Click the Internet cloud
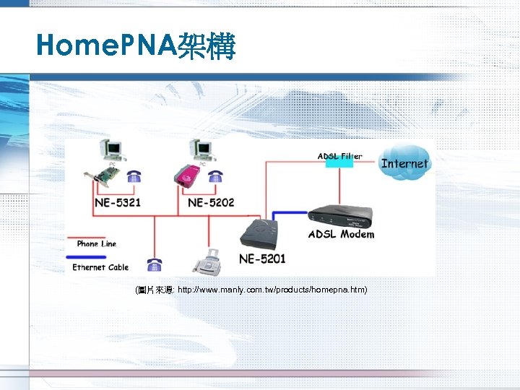(404, 163)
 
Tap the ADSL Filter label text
(339, 155)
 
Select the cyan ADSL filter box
(339, 164)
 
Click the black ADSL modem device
(341, 214)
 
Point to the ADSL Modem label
(341, 234)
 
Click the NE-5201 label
(262, 258)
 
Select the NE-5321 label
(118, 202)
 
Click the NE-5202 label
(211, 202)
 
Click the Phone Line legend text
(96, 244)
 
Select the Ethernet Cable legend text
(100, 267)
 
